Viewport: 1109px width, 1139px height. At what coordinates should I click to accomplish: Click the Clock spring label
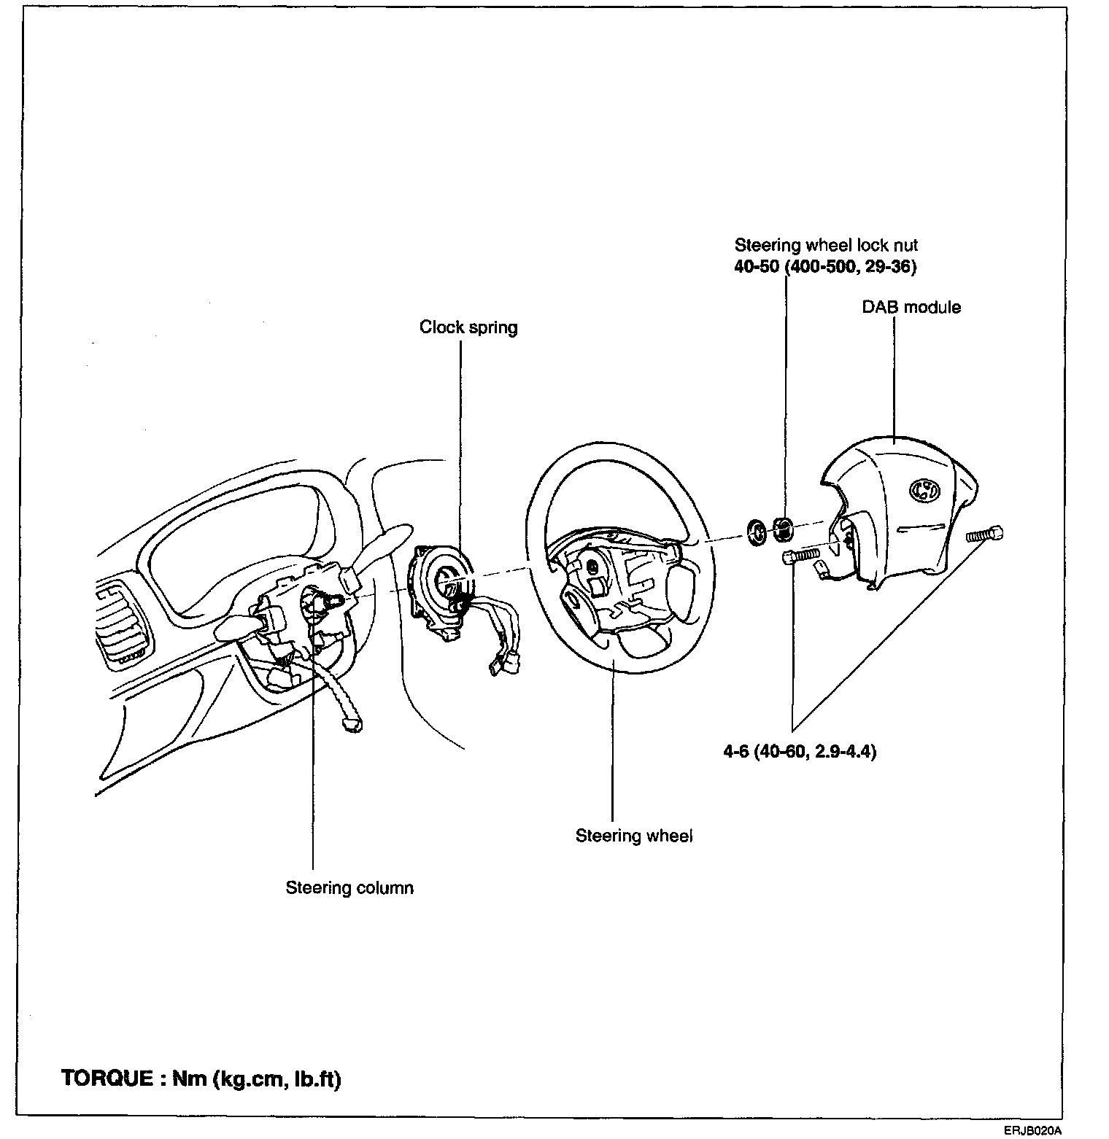point(468,327)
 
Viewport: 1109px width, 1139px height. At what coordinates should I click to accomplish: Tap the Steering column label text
point(349,888)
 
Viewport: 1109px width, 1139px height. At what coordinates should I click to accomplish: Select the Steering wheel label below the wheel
point(634,836)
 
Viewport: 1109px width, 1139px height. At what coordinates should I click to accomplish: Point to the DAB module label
point(911,307)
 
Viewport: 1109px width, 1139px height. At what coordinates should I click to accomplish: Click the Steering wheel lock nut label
point(826,245)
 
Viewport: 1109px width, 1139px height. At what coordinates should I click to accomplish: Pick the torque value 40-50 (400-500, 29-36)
point(825,267)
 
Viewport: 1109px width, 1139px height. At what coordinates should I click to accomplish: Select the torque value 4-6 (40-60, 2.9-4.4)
point(800,751)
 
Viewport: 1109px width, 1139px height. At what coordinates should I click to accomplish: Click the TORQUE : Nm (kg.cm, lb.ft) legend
point(201,1079)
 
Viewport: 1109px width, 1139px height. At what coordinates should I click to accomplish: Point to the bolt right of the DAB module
point(984,534)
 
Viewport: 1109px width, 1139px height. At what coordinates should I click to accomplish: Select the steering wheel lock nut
point(783,529)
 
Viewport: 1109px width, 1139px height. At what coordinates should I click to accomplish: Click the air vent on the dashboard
point(122,624)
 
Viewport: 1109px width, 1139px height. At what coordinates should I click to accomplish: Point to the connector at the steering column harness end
point(352,723)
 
